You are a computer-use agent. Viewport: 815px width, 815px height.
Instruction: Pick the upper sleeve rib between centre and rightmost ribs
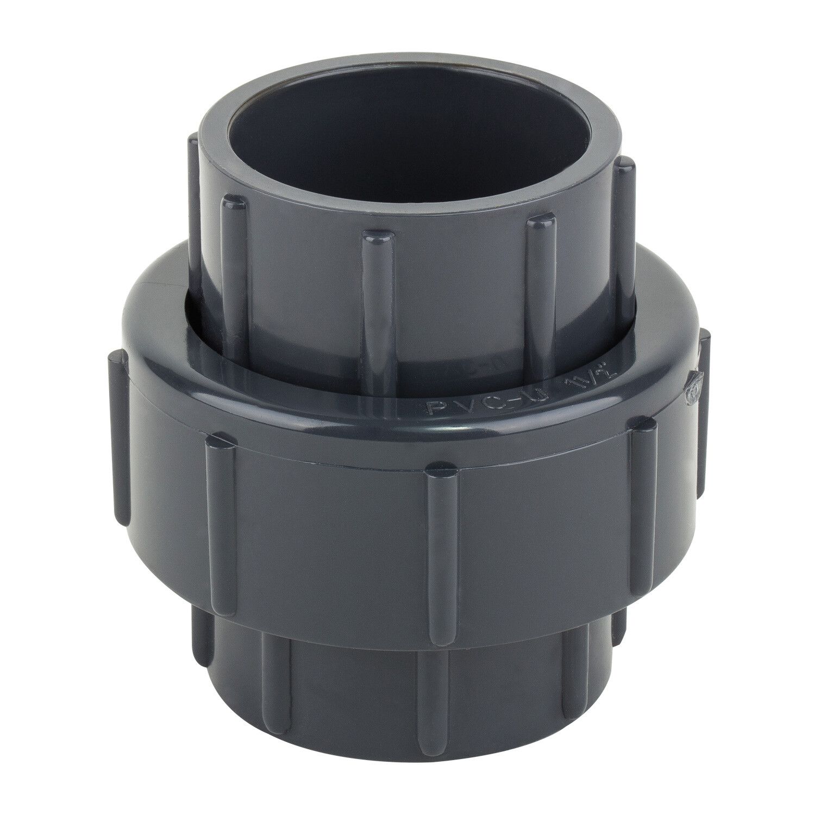tap(538, 283)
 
